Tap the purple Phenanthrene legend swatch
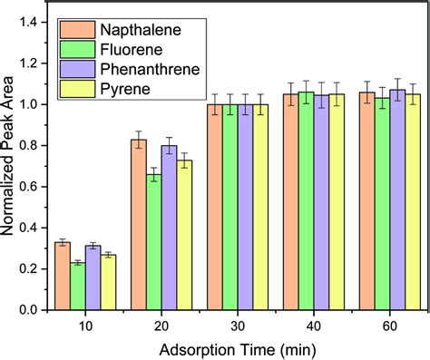[74, 71]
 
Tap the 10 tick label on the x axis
[85, 325]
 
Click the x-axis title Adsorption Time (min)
[237, 348]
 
